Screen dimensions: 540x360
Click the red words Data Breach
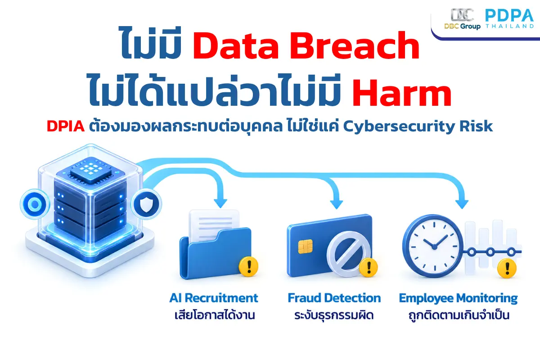pos(306,45)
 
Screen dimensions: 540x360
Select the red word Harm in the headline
pos(401,93)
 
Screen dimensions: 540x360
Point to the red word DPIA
pos(66,126)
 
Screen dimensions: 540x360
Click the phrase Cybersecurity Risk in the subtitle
pos(418,126)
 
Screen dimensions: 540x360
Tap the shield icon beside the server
pos(146,204)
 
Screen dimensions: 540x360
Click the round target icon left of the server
pos(35,204)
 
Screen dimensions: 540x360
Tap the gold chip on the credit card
pos(306,247)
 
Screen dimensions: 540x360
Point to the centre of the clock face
pos(434,247)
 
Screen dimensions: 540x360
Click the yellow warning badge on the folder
pos(248,266)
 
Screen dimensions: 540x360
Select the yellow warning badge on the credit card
pos(369,267)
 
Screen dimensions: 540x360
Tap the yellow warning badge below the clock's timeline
pos(507,268)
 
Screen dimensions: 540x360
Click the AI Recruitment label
pos(214,298)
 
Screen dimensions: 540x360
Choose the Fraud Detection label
pos(334,298)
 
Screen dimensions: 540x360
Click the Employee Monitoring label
pos(458,298)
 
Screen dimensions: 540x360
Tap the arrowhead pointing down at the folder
pos(220,203)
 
